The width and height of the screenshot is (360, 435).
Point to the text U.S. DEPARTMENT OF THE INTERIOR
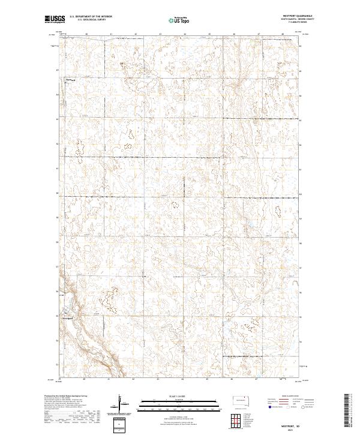tap(91, 17)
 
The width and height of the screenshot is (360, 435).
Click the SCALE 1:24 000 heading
tap(179, 396)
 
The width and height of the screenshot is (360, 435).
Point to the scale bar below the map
tap(179, 404)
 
